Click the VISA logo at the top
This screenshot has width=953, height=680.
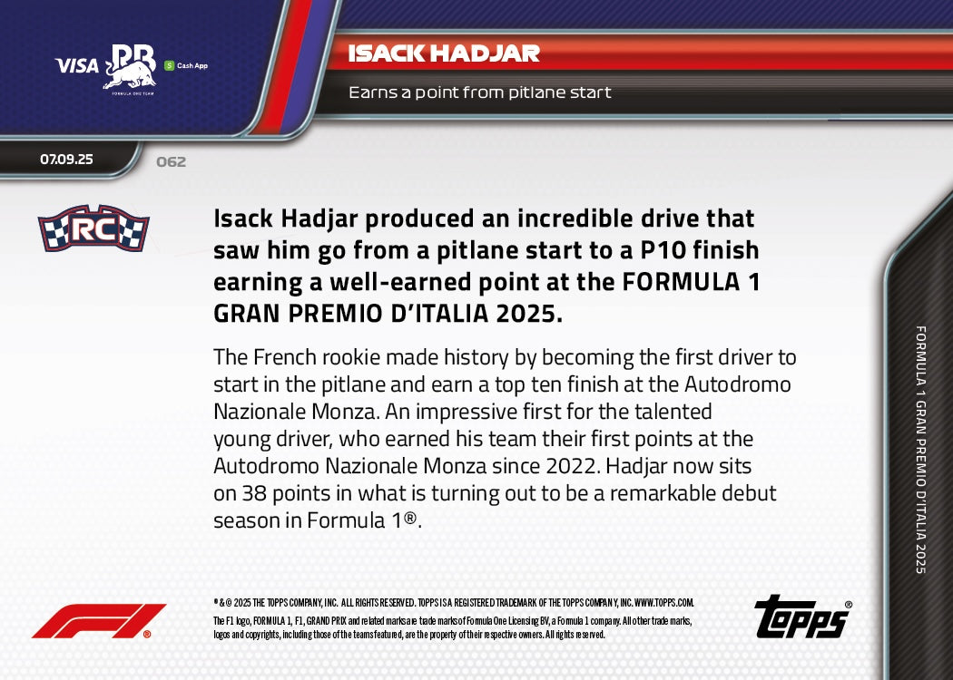(x=76, y=65)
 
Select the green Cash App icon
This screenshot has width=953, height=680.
(x=169, y=65)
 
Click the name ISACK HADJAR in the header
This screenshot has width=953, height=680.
(x=444, y=53)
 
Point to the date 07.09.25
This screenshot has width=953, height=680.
(x=66, y=160)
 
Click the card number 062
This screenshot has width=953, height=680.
(x=171, y=162)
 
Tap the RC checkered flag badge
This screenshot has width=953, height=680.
(x=93, y=228)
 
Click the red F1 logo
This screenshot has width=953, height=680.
(x=98, y=621)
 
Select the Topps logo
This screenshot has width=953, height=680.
(x=802, y=617)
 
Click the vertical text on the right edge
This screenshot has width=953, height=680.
(x=920, y=449)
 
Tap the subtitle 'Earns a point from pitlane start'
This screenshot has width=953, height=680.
(x=480, y=92)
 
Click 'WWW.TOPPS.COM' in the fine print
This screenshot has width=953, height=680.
(x=663, y=602)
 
